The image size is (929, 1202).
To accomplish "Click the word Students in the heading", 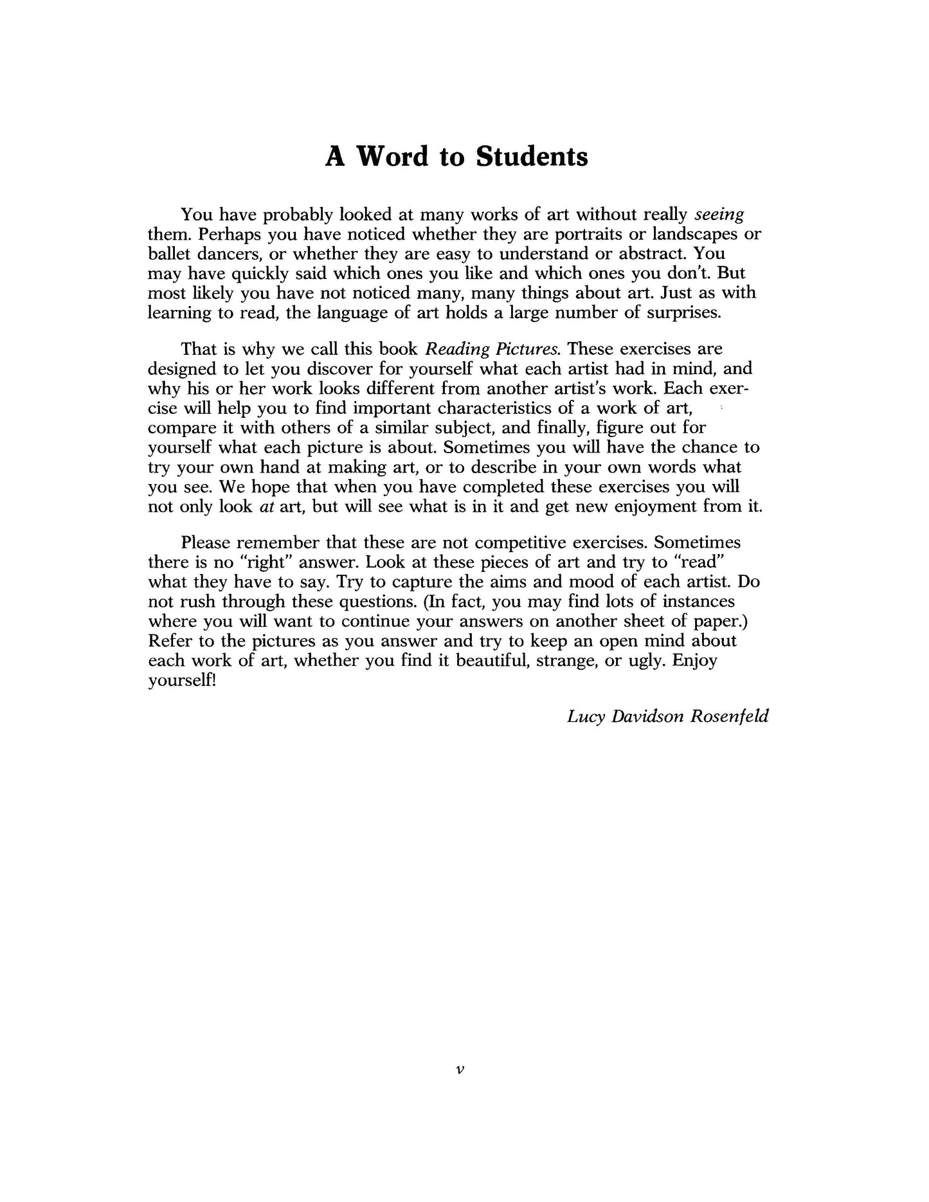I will point(532,157).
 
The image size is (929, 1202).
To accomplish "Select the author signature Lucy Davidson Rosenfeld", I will point(667,716).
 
